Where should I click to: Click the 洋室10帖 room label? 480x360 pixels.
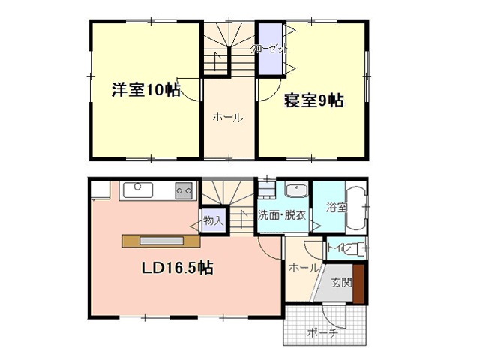coord(145,90)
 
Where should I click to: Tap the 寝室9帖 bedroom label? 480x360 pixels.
coord(313,100)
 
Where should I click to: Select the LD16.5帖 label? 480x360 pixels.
coord(177,268)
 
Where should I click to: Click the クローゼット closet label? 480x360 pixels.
coord(269,49)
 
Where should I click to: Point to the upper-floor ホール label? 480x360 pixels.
coord(228,118)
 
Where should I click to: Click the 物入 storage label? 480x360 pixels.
coord(213,220)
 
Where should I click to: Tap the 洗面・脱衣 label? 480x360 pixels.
coord(282,215)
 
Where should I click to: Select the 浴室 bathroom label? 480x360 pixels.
coord(337,208)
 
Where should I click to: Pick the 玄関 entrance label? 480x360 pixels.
coord(342,283)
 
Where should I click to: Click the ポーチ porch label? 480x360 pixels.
coord(322,332)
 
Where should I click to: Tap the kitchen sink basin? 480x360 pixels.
coord(138,190)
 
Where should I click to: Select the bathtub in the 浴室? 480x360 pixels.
coord(355,207)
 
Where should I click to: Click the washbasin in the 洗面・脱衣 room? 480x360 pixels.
coord(296,190)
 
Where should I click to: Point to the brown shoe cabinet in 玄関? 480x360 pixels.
coord(358,283)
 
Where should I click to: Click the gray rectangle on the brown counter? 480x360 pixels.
coord(161,241)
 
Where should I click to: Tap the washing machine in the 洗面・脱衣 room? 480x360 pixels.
coord(265,190)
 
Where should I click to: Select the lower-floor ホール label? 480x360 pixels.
coord(304,268)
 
